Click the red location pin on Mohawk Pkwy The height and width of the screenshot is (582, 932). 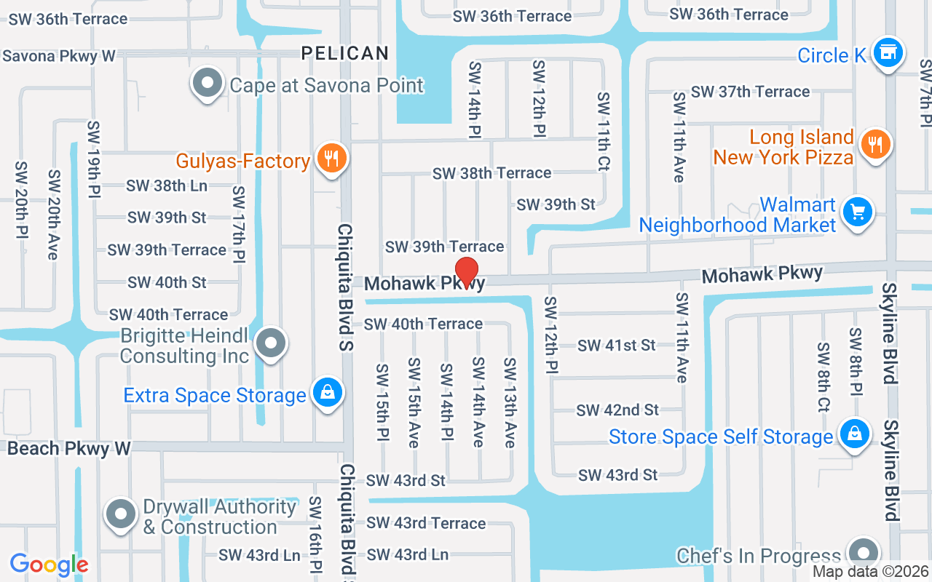[466, 272]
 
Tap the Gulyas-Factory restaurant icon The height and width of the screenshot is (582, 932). [331, 158]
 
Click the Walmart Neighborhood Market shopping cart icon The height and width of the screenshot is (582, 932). [857, 213]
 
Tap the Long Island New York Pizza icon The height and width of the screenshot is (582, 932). [875, 145]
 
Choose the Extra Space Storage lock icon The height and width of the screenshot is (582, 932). [328, 394]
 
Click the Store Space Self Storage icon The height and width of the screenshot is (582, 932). [854, 435]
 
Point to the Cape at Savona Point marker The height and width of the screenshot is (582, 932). [208, 84]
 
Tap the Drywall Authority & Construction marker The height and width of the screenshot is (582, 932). [121, 515]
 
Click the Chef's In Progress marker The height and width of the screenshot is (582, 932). [864, 553]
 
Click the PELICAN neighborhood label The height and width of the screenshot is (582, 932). [345, 53]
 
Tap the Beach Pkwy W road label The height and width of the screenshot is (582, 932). [68, 448]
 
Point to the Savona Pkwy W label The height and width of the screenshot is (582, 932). [58, 56]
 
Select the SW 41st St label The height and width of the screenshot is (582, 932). [617, 346]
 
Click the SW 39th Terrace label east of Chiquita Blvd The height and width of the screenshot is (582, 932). [444, 247]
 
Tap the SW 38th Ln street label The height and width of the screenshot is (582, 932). [167, 186]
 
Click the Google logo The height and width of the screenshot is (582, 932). [49, 565]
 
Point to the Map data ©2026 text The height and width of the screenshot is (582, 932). [871, 572]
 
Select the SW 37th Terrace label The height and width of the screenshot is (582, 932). [750, 92]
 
